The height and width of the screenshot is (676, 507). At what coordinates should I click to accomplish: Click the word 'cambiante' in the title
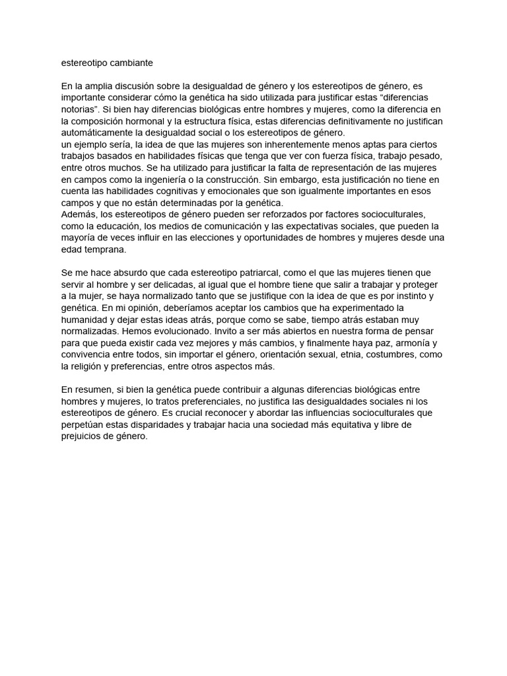point(131,63)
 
